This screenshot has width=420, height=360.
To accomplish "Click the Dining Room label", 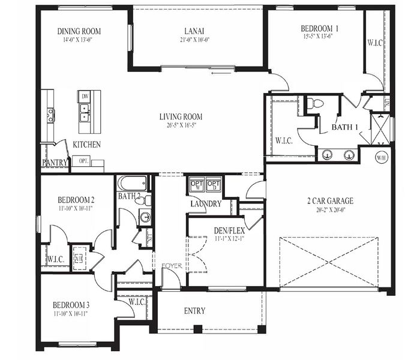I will (79, 31).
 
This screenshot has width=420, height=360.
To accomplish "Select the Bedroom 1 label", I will (320, 28).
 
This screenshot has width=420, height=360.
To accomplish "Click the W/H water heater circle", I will (381, 158).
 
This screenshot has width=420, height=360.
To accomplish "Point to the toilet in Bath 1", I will (315, 104).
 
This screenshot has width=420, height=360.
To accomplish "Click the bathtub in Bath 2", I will (133, 183).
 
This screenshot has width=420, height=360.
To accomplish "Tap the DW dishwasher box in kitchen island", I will (86, 97).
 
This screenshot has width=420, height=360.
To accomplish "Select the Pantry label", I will (55, 163).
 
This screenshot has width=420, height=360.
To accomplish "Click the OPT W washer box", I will (197, 185).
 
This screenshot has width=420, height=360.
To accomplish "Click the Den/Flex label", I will (228, 230).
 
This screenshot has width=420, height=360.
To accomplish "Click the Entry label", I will (194, 311).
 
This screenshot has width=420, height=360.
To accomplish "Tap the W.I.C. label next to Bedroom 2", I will (56, 259).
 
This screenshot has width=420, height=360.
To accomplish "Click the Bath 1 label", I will (344, 127).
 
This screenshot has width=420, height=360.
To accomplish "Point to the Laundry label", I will (206, 204).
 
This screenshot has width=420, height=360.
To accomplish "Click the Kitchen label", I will (86, 145).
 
